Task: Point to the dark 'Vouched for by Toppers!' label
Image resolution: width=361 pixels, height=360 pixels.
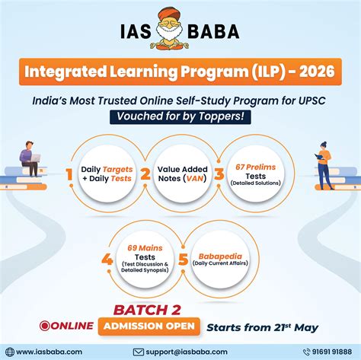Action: point(180,116)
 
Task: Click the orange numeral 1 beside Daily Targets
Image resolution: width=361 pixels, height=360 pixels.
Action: point(69,176)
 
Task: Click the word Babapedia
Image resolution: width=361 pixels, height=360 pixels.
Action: point(219,256)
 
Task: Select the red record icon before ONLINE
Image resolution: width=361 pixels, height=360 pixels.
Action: point(46,326)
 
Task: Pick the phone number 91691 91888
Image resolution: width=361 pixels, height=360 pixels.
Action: point(315,352)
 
